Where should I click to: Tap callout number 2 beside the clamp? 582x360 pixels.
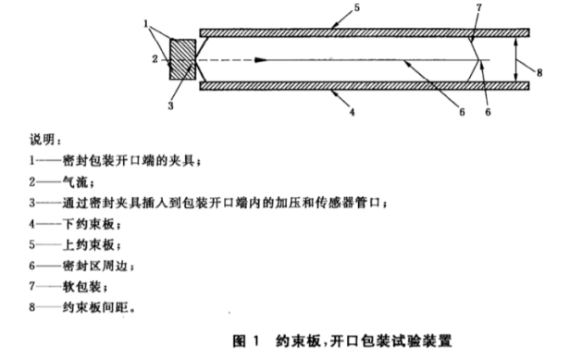pyautogui.click(x=155, y=59)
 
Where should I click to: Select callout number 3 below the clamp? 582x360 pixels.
pyautogui.click(x=169, y=105)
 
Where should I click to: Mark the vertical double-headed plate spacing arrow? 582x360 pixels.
pyautogui.click(x=516, y=59)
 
